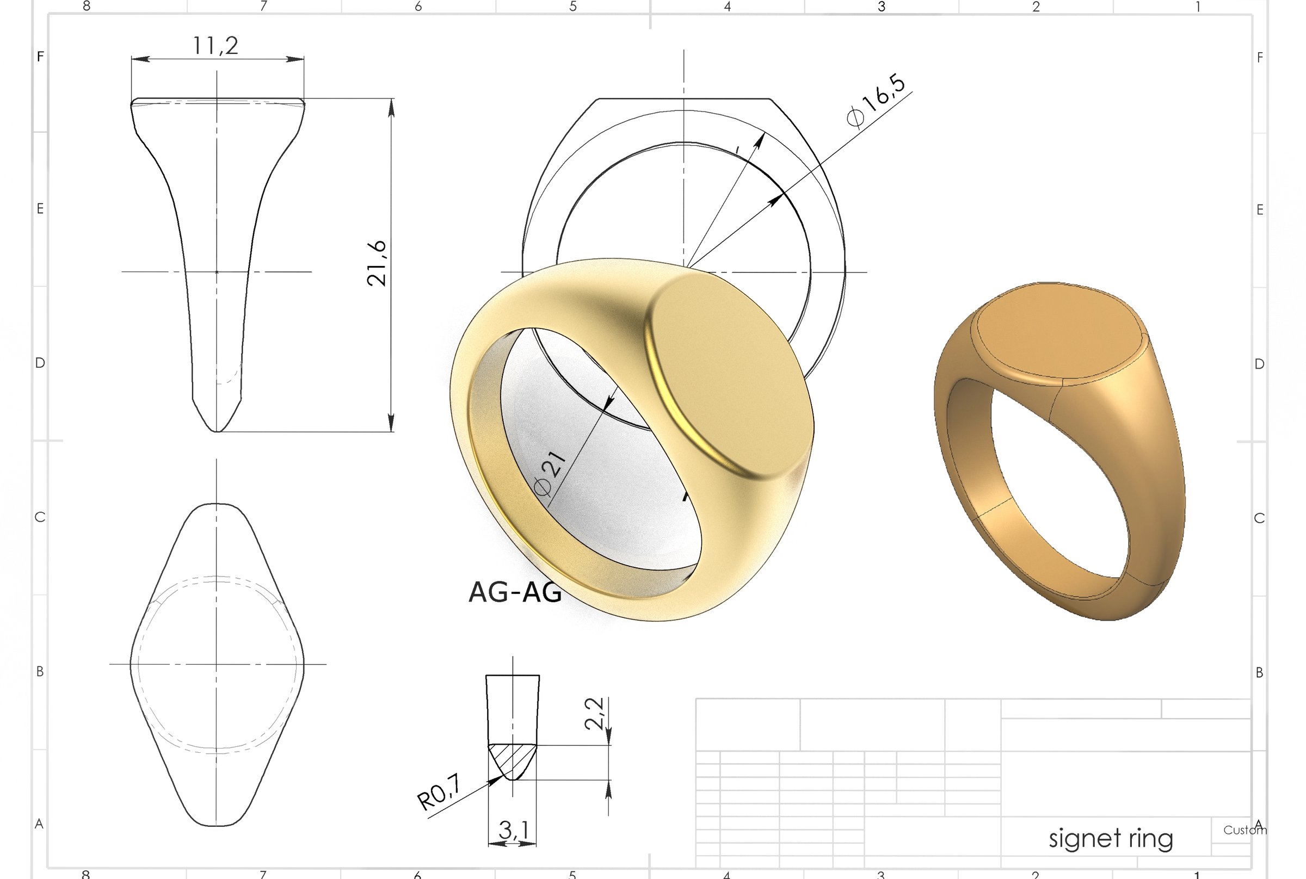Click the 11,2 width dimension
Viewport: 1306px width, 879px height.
216,45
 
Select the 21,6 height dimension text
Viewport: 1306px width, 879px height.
377,263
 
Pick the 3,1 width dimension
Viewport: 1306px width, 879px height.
513,830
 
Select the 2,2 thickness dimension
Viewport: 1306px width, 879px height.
594,713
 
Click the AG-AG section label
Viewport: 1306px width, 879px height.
514,592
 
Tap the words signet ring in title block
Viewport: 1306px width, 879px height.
1110,839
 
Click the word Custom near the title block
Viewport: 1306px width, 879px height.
1245,830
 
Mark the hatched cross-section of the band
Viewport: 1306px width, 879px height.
512,759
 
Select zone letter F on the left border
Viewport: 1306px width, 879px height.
40,57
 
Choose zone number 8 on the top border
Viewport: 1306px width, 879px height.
87,6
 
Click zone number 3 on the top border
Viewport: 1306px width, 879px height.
882,6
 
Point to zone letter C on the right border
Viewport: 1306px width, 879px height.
1259,518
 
